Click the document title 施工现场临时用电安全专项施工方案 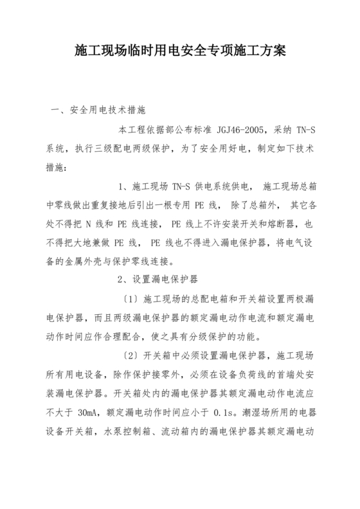[179, 49]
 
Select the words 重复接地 [109, 206]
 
